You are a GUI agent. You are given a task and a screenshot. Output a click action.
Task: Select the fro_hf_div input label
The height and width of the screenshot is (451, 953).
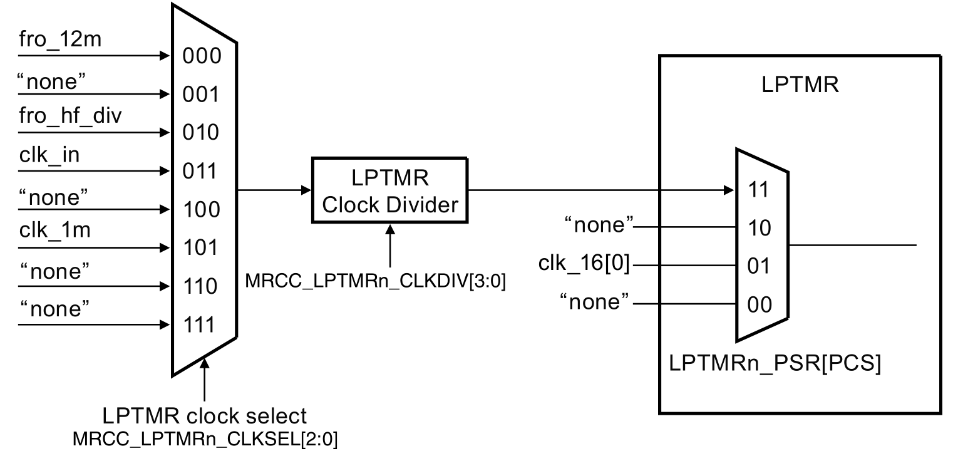point(65,117)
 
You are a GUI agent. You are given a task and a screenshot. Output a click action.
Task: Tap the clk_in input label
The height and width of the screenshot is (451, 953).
point(49,155)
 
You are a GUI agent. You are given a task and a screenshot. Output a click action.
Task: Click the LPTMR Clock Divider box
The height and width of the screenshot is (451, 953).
point(389,190)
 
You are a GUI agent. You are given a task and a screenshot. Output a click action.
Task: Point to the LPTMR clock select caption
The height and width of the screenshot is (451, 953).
point(205,416)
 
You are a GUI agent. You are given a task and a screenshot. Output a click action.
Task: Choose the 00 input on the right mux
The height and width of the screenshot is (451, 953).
point(760,305)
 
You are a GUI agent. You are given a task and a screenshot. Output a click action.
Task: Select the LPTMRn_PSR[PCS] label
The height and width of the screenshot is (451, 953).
point(775,364)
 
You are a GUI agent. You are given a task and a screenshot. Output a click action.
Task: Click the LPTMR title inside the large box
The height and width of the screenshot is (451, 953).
point(800,85)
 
